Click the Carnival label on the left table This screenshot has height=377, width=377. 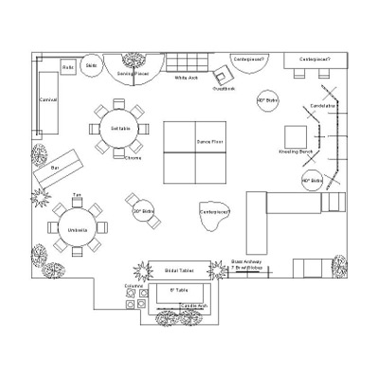coord(48,99)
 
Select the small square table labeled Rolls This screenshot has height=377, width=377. coord(68,68)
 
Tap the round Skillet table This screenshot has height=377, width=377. coord(92,65)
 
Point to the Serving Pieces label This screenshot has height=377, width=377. coord(133,72)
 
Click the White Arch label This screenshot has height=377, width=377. coord(187,78)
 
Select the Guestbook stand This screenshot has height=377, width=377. coord(224,79)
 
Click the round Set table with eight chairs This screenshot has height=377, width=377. coord(120,127)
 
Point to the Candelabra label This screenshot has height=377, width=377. coord(323,106)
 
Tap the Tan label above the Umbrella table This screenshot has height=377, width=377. coord(78,195)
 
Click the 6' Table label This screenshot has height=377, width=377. coord(178,290)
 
